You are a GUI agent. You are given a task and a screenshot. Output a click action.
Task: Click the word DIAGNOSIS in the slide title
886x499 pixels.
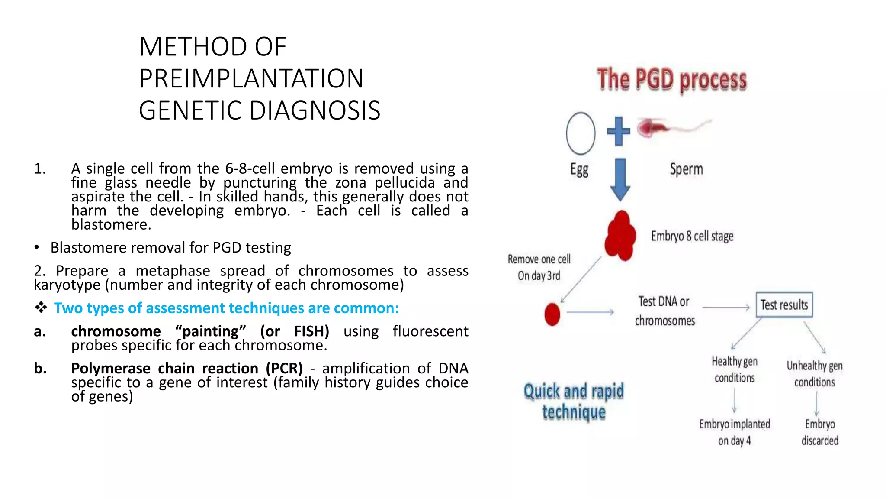click(x=315, y=110)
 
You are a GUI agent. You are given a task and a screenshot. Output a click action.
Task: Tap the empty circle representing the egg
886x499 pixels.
click(x=580, y=133)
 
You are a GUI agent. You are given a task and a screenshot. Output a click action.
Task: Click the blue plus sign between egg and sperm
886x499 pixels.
click(x=618, y=131)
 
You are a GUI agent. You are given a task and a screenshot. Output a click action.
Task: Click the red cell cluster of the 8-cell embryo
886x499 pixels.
click(x=620, y=236)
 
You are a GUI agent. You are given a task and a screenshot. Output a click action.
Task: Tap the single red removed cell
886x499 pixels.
click(x=552, y=314)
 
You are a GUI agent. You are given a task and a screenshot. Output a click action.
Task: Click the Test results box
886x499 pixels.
click(x=784, y=305)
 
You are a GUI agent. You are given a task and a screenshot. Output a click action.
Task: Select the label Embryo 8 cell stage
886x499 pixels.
click(x=692, y=236)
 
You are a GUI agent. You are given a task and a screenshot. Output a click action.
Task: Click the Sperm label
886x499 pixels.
click(x=686, y=169)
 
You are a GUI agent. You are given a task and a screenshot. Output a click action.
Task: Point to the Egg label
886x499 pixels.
click(x=579, y=169)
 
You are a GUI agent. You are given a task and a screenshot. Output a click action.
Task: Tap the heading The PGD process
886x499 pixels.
click(x=672, y=80)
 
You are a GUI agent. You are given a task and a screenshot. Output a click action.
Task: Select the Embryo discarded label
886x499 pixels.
click(x=820, y=432)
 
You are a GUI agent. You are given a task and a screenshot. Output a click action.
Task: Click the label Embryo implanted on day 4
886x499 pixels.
click(x=735, y=432)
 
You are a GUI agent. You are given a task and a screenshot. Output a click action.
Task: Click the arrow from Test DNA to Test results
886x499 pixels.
click(x=726, y=308)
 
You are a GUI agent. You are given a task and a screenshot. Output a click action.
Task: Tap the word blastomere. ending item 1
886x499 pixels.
click(x=111, y=224)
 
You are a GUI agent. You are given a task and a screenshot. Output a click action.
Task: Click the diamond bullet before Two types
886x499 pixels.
click(x=41, y=308)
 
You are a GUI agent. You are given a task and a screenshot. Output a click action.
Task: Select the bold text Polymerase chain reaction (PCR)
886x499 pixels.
click(x=187, y=368)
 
